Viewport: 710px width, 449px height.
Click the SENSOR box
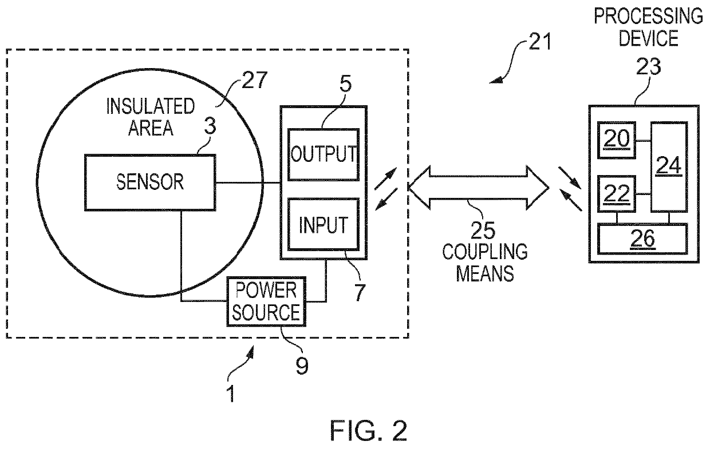[x=150, y=182]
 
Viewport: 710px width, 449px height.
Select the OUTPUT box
[x=324, y=154]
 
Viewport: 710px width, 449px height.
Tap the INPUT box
[x=324, y=224]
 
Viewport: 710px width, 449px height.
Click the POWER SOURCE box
[x=266, y=301]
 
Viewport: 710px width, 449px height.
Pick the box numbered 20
[x=617, y=140]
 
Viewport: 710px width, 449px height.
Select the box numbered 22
[x=617, y=194]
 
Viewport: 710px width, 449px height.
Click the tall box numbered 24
[x=669, y=166]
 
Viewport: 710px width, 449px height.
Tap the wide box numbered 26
[x=642, y=239]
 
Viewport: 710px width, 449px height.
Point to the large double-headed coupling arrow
[x=478, y=188]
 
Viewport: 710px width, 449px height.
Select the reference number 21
[x=540, y=42]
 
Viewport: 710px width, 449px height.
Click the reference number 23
[x=649, y=66]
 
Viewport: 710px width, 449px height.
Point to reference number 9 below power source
[x=302, y=365]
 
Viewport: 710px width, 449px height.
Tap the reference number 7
[x=360, y=292]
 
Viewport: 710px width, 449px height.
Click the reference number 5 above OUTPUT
[x=345, y=84]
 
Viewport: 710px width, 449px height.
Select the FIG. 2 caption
[x=368, y=430]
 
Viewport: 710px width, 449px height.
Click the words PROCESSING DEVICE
[x=649, y=27]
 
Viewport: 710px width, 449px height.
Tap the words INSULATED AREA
[x=150, y=117]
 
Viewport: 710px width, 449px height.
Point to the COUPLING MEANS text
[x=485, y=263]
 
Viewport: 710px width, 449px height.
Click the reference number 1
[x=231, y=394]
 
